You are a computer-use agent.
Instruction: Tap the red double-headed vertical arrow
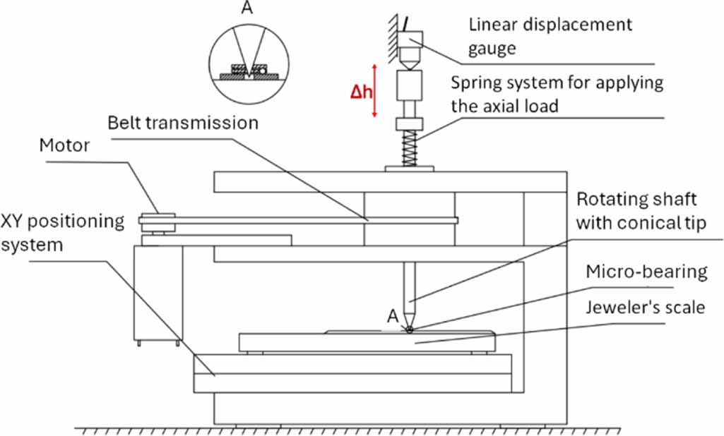pyautogui.click(x=376, y=90)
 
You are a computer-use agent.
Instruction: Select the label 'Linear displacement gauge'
pyautogui.click(x=551, y=37)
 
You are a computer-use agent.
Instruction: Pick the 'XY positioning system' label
pyautogui.click(x=62, y=234)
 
